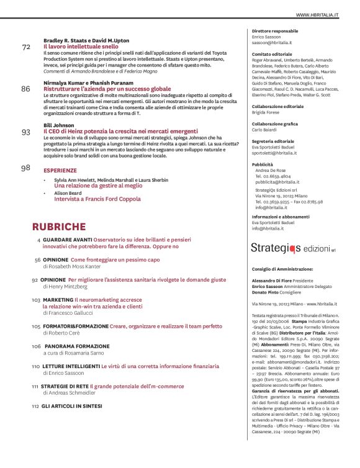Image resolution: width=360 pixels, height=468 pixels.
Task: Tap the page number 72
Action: coord(25,47)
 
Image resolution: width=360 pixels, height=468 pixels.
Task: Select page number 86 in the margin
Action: coord(25,89)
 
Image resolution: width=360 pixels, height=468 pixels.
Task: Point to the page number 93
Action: coord(25,132)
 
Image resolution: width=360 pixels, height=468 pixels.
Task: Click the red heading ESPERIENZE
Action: coord(60,170)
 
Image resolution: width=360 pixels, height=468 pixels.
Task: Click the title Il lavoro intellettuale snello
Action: coord(80,47)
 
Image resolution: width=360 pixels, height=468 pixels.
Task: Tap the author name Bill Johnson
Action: coord(59,125)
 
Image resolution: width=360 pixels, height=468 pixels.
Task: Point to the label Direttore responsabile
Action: coord(275,31)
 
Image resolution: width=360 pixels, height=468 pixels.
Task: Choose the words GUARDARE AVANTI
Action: coord(66,240)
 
